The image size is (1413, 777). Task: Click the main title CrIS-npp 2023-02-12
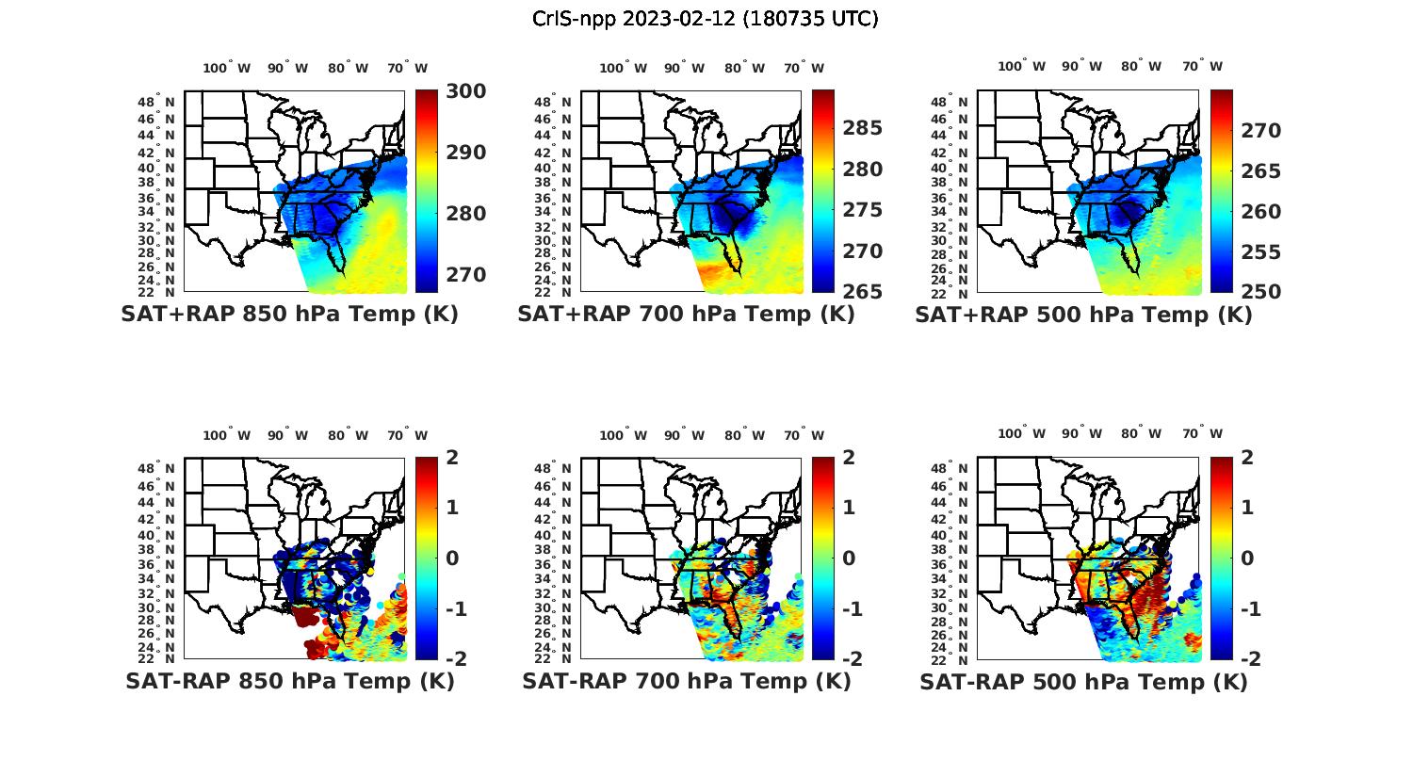[x=706, y=19]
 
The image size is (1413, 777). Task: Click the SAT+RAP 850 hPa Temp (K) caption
[x=289, y=315]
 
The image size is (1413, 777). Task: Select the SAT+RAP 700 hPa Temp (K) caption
[x=686, y=315]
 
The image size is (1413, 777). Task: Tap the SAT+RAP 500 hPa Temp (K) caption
[x=1083, y=315]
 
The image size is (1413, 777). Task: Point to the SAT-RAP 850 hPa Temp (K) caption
[x=289, y=681]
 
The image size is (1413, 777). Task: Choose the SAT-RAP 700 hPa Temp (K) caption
[x=687, y=681]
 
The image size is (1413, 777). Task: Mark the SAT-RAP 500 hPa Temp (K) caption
[x=1083, y=681]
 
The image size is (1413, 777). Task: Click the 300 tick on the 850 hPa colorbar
[x=466, y=91]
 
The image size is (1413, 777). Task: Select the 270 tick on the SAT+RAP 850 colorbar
[x=466, y=275]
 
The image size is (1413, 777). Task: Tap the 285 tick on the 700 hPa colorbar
[x=863, y=128]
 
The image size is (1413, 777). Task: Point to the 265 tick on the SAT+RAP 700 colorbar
[x=863, y=292]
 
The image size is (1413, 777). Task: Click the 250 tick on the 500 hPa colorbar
[x=1260, y=292]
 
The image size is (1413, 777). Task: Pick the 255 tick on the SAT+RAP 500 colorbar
[x=1260, y=252]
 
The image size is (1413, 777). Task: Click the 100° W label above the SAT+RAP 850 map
[x=227, y=68]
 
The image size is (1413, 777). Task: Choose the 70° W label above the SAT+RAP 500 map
[x=1202, y=66]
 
